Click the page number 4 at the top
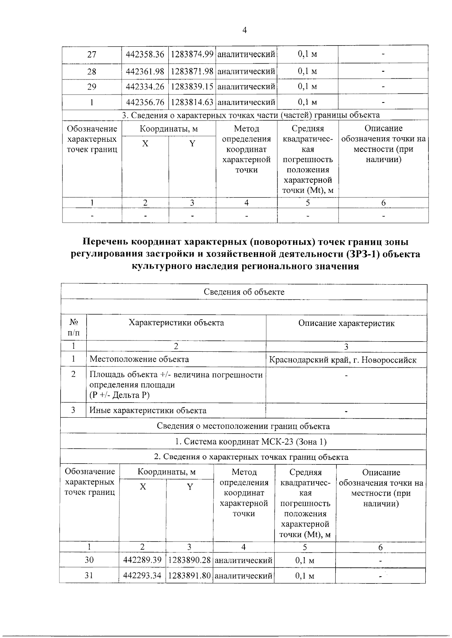click(x=244, y=31)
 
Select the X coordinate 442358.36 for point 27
click(x=145, y=54)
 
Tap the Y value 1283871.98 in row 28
click(x=192, y=71)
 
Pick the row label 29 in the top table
click(x=92, y=87)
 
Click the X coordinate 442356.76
click(x=145, y=102)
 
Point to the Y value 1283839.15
click(x=192, y=87)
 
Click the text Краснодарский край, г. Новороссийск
click(x=342, y=360)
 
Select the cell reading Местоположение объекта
click(x=139, y=359)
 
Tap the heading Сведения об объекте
click(x=244, y=292)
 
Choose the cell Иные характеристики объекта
click(x=148, y=411)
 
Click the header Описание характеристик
click(x=346, y=323)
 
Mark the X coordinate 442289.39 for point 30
click(x=142, y=560)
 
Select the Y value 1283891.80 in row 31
click(x=189, y=575)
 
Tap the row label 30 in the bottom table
click(x=89, y=560)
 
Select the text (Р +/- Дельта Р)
click(x=119, y=395)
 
